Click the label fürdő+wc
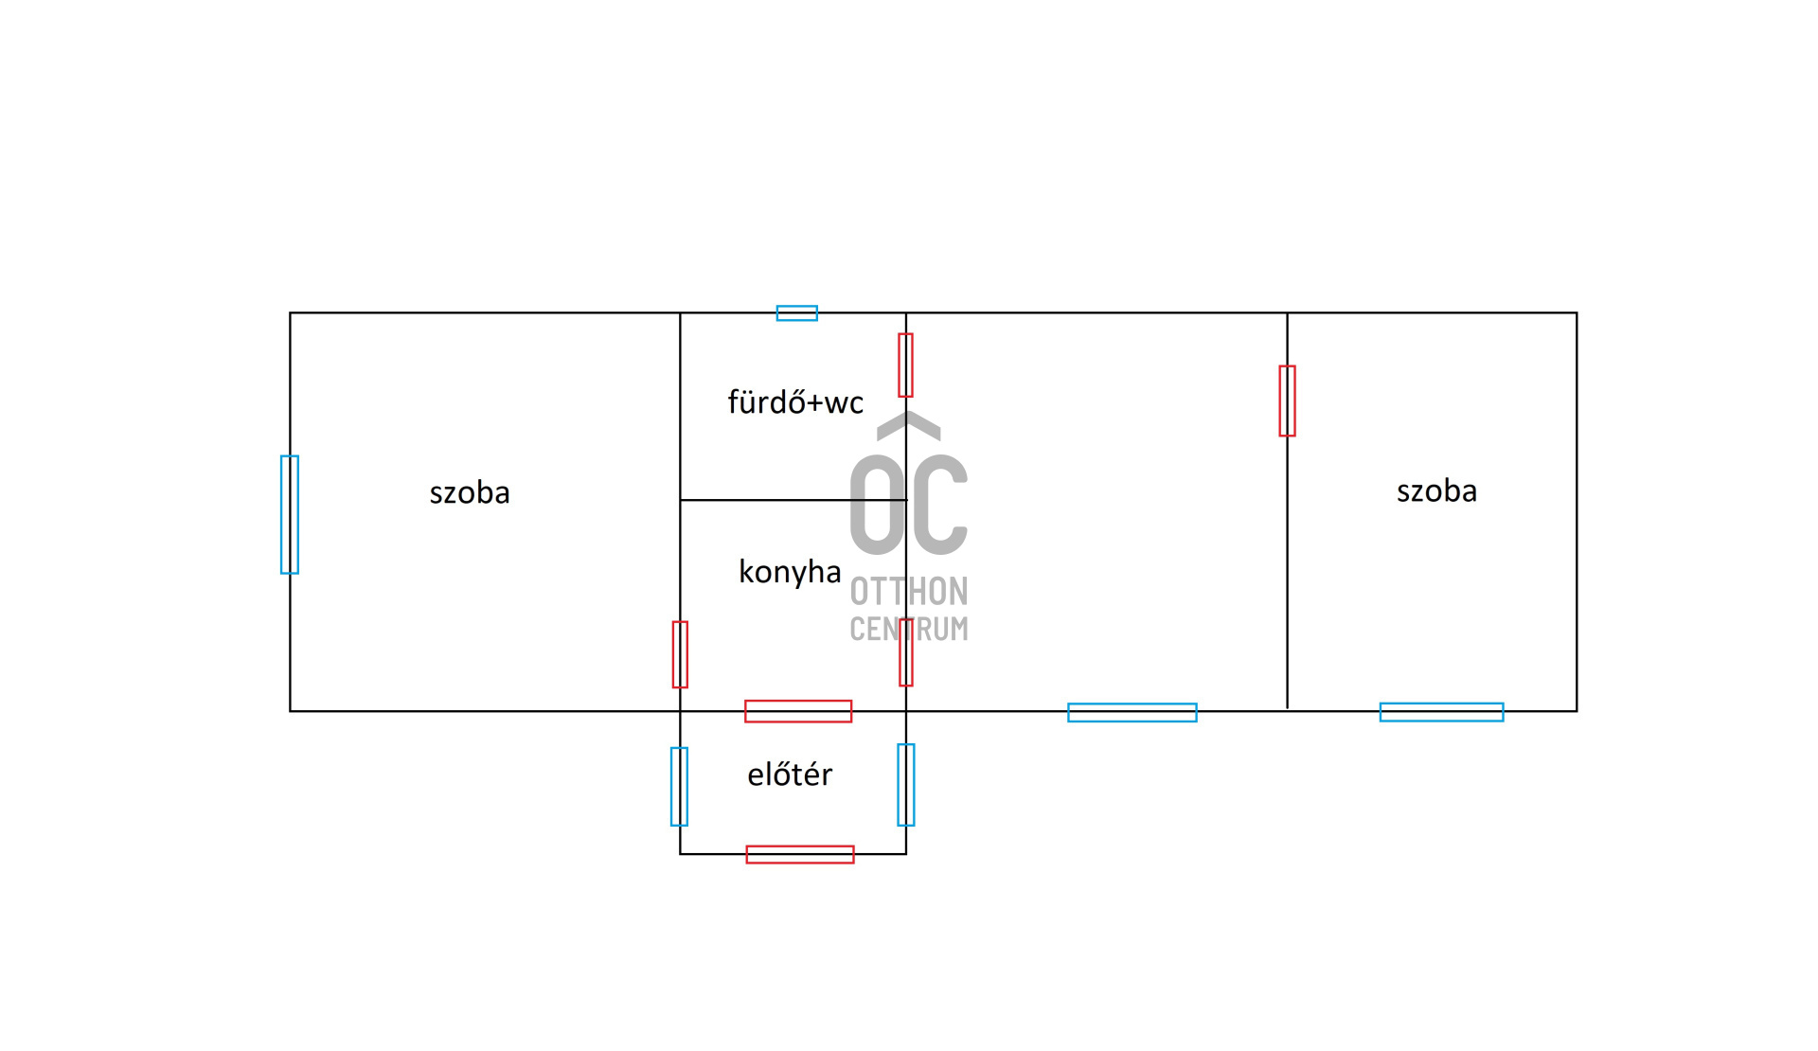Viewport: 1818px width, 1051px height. click(795, 401)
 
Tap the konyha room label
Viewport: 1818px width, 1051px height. click(790, 572)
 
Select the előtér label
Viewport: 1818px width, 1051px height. click(790, 774)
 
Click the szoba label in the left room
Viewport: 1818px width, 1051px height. click(470, 492)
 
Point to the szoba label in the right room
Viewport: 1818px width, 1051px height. click(1436, 490)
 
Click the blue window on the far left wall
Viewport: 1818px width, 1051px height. click(290, 514)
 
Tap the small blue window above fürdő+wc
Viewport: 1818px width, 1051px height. click(797, 313)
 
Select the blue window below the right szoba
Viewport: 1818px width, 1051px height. click(1442, 712)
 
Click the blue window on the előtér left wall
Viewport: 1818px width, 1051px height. click(679, 787)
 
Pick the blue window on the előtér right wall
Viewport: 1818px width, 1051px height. click(906, 785)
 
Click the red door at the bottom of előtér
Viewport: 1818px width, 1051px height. click(800, 855)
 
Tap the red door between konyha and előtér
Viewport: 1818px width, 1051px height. click(798, 711)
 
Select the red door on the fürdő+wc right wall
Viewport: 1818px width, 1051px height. click(906, 365)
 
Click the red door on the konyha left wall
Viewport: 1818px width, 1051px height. click(680, 654)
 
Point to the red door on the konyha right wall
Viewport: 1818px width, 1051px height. click(906, 652)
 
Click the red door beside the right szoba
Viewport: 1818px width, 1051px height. click(1288, 401)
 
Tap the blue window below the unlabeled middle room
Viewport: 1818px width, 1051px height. click(1132, 713)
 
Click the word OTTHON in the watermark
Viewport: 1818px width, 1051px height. click(909, 592)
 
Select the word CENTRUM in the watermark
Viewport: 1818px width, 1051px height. click(909, 629)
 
